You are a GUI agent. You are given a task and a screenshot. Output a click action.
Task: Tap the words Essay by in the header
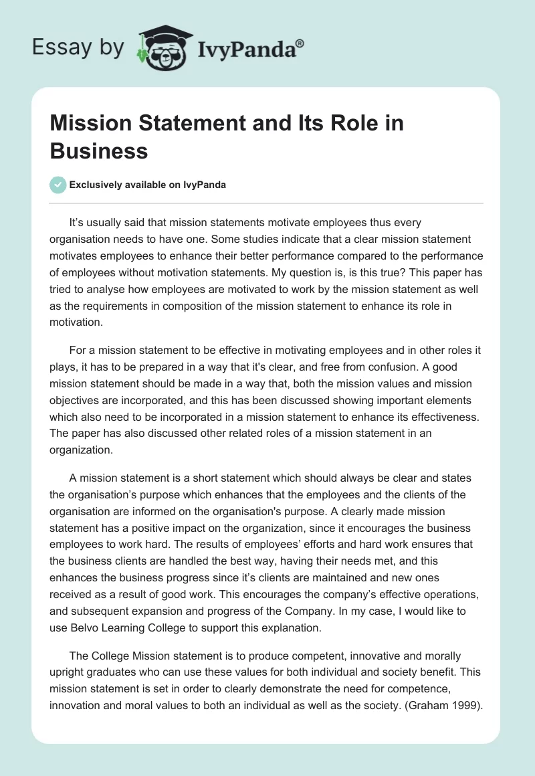click(79, 47)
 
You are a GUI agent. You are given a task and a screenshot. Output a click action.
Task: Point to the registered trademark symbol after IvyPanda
click(300, 42)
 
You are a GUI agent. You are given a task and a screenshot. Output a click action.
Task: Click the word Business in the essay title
click(99, 151)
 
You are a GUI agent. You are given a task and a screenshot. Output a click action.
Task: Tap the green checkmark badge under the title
click(58, 185)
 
